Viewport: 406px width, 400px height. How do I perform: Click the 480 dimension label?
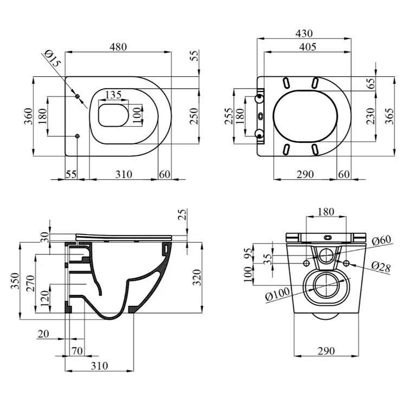coord(118,47)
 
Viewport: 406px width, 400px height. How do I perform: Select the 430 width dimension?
coord(304,34)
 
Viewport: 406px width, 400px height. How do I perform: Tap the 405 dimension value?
coord(307,47)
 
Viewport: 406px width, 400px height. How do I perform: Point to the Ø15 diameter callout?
coord(53,58)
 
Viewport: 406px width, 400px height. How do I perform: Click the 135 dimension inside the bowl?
coord(113,95)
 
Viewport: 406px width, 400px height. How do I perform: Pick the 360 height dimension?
coord(29,116)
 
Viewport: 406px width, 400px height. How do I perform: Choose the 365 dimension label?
coord(389,116)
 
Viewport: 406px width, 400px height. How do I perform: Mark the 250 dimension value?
coord(194,116)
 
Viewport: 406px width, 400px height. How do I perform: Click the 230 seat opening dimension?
coord(371,116)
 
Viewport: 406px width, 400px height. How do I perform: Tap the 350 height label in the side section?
coord(15,281)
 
